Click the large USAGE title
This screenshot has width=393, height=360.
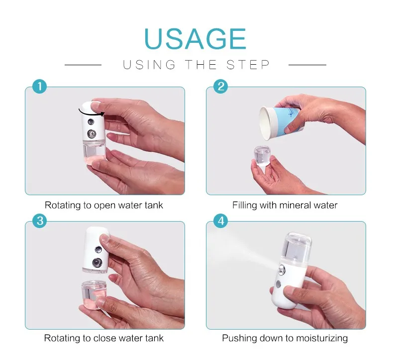tap(195, 39)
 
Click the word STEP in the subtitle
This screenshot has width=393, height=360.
tap(248, 65)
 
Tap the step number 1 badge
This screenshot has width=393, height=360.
tap(40, 87)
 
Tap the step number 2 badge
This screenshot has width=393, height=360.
tap(220, 87)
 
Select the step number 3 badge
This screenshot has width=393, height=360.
tap(40, 221)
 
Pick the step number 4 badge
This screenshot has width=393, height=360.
tap(220, 221)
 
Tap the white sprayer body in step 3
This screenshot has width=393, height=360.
tap(96, 250)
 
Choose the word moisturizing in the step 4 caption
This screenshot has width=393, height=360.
tap(322, 339)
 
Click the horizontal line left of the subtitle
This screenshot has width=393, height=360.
tap(83, 65)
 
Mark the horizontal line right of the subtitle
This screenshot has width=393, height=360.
tap(307, 65)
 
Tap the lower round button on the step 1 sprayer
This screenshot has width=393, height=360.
tap(92, 133)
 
